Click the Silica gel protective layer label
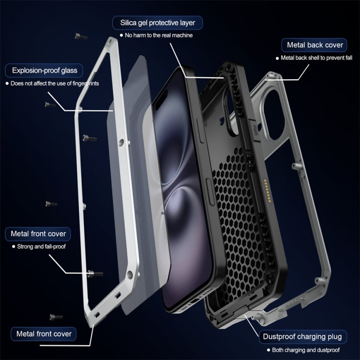click(157, 23)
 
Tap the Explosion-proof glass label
click(45, 71)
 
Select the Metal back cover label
click(315, 45)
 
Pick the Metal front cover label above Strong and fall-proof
click(38, 234)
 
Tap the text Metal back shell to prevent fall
click(317, 58)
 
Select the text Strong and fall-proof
click(42, 247)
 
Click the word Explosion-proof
click(32, 71)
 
